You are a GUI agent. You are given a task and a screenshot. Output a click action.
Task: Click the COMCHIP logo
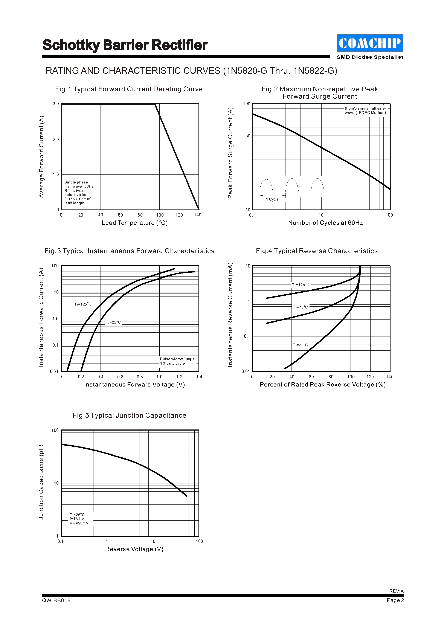coord(370,43)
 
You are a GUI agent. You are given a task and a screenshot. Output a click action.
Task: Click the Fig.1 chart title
coord(129,89)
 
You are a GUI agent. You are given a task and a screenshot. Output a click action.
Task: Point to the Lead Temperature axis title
coord(134,223)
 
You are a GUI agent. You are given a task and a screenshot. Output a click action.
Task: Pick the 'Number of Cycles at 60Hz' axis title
coord(325,223)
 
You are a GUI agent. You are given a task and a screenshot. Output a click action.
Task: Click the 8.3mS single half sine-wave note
coord(365,110)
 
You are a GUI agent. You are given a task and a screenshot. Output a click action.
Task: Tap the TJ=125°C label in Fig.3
coord(83,304)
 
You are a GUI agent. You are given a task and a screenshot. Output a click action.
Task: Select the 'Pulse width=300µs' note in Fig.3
coord(177,359)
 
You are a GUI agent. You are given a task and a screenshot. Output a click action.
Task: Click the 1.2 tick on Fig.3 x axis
coord(179,377)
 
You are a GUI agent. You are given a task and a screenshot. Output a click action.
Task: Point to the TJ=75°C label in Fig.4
coord(300,307)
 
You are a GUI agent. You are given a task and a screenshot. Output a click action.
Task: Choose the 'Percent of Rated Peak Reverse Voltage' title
coord(323,385)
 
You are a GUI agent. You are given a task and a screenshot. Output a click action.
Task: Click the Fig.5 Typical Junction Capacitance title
coord(129,416)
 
